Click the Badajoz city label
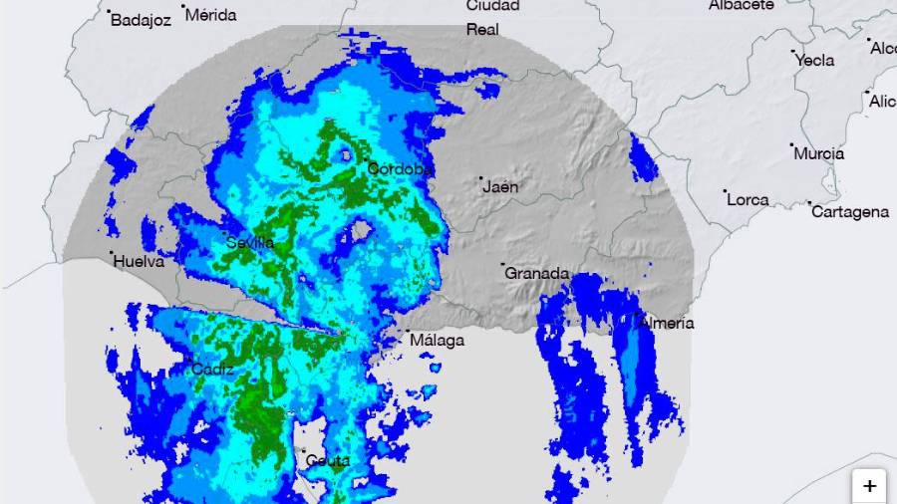[x=141, y=20]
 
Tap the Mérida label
[x=211, y=15]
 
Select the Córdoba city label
[x=399, y=169]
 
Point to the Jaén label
[x=499, y=186]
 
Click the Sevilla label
[x=250, y=242]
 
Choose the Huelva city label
[x=139, y=262]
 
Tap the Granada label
[x=537, y=273]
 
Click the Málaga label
[x=437, y=341]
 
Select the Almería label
[x=668, y=323]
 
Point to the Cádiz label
[x=212, y=370]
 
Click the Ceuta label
[x=328, y=460]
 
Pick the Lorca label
[x=747, y=199]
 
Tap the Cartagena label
[x=850, y=212]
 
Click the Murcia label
[x=819, y=153]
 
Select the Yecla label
[x=815, y=60]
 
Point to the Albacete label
[x=742, y=5]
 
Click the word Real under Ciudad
[x=482, y=30]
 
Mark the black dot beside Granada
[x=503, y=265]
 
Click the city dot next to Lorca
[x=725, y=191]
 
